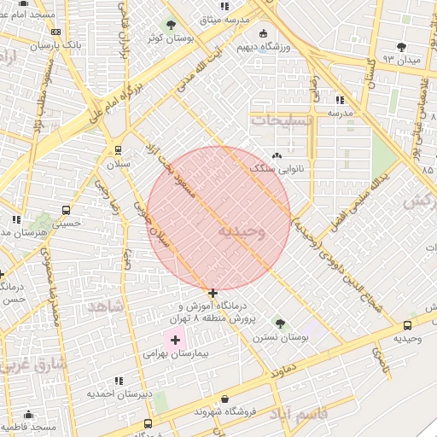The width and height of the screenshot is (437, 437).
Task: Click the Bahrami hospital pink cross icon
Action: pos(175,340)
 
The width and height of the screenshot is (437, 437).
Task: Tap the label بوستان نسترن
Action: pos(280,338)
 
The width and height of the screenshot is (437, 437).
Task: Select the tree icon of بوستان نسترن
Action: pos(280,323)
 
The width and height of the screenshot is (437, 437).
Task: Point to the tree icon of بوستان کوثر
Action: pos(172,25)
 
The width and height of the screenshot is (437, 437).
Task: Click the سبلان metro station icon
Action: pos(118,149)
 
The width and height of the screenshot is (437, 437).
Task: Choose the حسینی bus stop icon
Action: pos(67,210)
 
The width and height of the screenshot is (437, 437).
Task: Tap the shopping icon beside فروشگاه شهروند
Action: pos(224,399)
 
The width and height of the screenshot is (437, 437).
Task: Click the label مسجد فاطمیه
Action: pos(29,426)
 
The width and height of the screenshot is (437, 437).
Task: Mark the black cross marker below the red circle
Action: pos(213,293)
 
